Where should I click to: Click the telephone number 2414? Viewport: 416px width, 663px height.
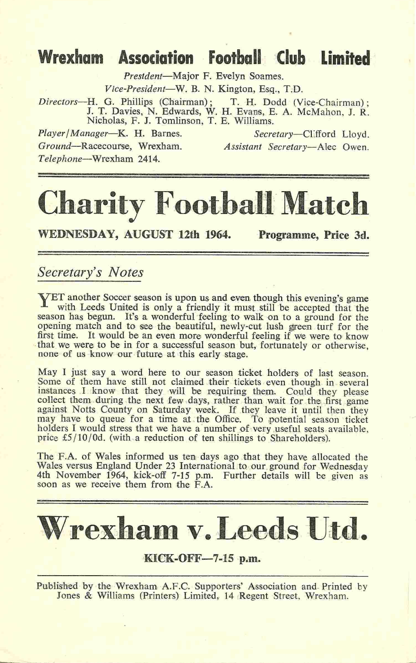(x=149, y=159)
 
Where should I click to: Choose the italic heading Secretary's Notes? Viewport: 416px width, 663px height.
(x=90, y=272)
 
